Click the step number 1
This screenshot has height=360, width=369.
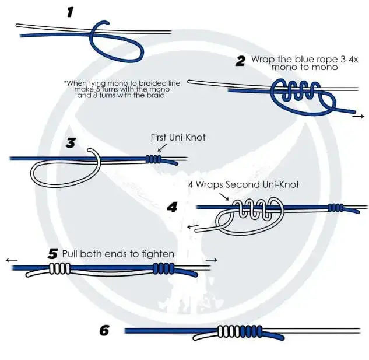point(70,11)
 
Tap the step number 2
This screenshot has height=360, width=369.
point(240,61)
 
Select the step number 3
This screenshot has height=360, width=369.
point(71,142)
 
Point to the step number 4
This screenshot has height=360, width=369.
point(173,207)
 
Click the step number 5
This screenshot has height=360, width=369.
point(53,254)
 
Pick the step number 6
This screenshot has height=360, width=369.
point(104,331)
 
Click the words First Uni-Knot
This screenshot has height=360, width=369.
point(178,138)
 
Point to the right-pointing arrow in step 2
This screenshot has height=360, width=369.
point(358,117)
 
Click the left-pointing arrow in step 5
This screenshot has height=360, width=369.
point(12,260)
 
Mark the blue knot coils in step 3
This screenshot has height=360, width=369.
point(153,159)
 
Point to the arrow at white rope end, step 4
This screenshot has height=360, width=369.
point(193,225)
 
